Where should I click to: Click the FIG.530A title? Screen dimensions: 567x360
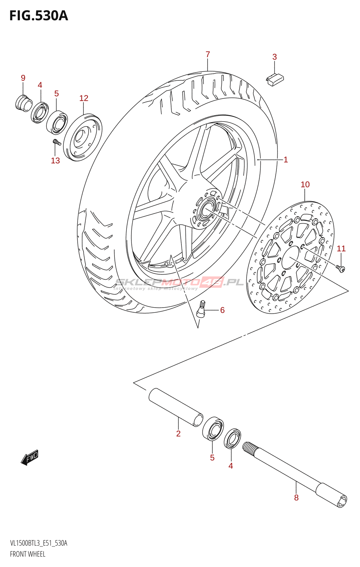(x=38, y=16)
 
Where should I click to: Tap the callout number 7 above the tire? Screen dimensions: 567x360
(x=208, y=55)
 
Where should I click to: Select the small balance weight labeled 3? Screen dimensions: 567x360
(x=275, y=79)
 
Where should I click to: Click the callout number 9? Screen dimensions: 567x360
(x=23, y=78)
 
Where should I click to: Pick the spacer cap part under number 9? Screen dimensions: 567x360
(x=24, y=102)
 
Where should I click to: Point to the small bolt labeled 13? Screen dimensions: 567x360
(x=57, y=142)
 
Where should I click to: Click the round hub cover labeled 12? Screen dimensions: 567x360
(x=83, y=137)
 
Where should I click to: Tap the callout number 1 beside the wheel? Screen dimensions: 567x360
(x=286, y=160)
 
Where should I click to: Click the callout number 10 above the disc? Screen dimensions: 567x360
(x=305, y=185)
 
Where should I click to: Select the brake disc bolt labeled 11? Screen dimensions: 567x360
(x=341, y=269)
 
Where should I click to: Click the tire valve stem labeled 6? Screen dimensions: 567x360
(x=201, y=308)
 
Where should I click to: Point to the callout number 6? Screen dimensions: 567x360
(x=222, y=310)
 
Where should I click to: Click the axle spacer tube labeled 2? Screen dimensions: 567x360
(x=176, y=407)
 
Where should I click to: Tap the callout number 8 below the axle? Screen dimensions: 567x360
(x=296, y=498)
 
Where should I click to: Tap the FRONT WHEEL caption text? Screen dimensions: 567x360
(x=28, y=554)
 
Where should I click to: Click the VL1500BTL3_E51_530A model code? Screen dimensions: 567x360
(x=39, y=543)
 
